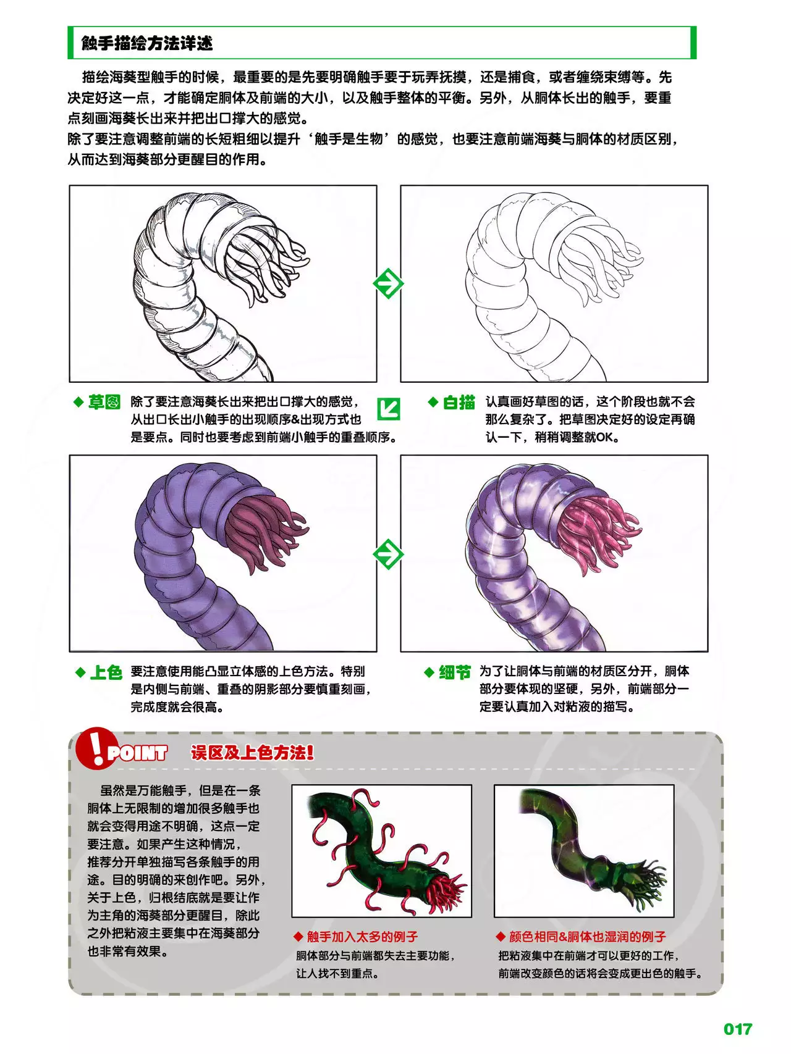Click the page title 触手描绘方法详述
click(x=147, y=43)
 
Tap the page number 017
click(x=738, y=1029)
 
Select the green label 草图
click(x=104, y=403)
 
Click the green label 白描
click(x=459, y=403)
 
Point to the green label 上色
click(x=106, y=672)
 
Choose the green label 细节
click(x=455, y=672)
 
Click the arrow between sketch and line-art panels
click(x=388, y=283)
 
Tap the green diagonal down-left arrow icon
click(x=389, y=408)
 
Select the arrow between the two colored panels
click(x=388, y=554)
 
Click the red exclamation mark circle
click(x=96, y=748)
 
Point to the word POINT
click(x=137, y=753)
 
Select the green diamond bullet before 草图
click(x=78, y=402)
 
